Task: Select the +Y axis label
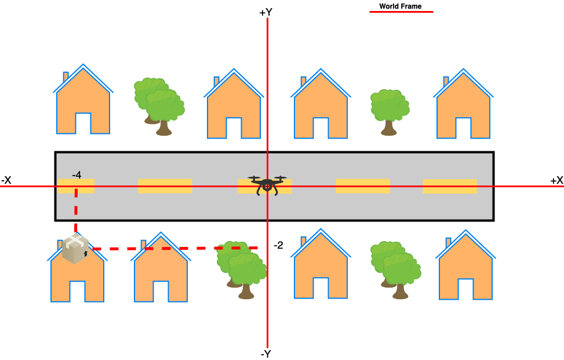pyautogui.click(x=266, y=12)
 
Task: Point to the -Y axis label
pyautogui.click(x=266, y=353)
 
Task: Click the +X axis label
pyautogui.click(x=556, y=180)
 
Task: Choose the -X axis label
pyautogui.click(x=6, y=180)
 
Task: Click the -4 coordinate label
pyautogui.click(x=77, y=174)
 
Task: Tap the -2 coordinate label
pyautogui.click(x=278, y=245)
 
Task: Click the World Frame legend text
pyautogui.click(x=400, y=6)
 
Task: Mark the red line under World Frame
pyautogui.click(x=401, y=12)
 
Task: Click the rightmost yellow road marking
pyautogui.click(x=449, y=186)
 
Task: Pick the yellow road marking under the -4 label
pyautogui.click(x=75, y=186)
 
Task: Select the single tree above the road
pyautogui.click(x=390, y=111)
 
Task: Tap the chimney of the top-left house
pyautogui.click(x=66, y=77)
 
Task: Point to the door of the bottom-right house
pyautogui.click(x=465, y=289)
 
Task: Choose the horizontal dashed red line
pyautogui.click(x=174, y=248)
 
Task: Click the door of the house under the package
pyautogui.click(x=77, y=291)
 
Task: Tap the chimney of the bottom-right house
pyautogui.click(x=448, y=242)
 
